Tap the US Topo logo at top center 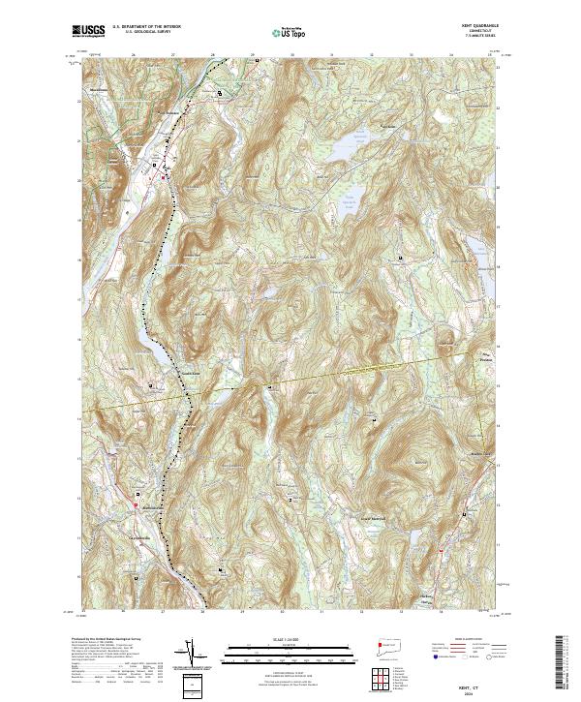pos(281,31)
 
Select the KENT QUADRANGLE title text pos(473,25)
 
